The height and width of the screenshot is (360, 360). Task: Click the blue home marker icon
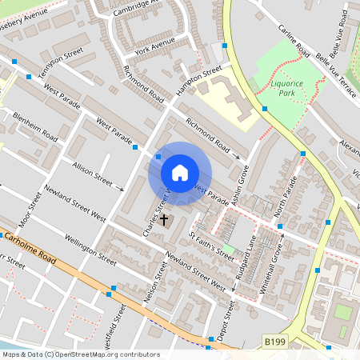(x=180, y=173)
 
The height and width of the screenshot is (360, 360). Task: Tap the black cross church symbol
(x=165, y=218)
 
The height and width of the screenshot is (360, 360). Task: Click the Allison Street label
(x=93, y=172)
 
